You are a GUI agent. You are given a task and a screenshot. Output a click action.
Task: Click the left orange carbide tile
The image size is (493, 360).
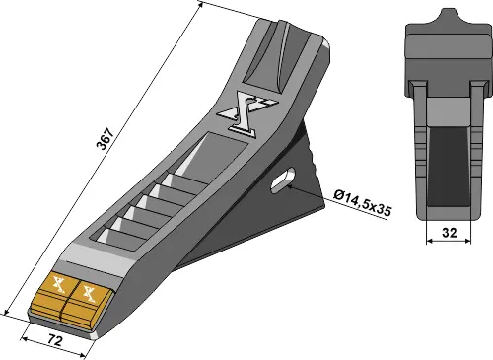click(x=55, y=296)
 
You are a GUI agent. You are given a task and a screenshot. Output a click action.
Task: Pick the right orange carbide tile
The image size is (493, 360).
click(x=88, y=299)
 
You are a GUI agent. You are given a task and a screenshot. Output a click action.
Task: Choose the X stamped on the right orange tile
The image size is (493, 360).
click(x=91, y=292)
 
